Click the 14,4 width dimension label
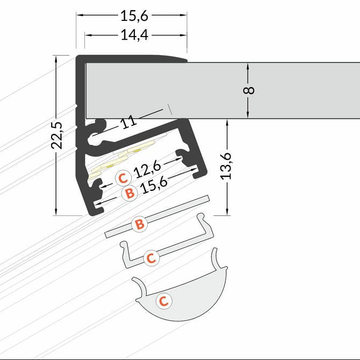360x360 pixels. (134, 35)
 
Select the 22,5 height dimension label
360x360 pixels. (57, 135)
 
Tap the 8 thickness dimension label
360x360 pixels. (249, 90)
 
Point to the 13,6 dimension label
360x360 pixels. (226, 166)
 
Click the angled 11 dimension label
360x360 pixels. (128, 122)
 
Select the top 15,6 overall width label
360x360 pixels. (134, 16)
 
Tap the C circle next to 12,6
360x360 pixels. (123, 178)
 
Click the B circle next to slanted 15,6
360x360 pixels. (129, 193)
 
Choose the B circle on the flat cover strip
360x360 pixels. (140, 224)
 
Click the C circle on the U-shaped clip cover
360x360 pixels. (152, 258)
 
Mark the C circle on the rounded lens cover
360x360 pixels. (164, 301)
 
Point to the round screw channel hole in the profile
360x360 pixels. (94, 139)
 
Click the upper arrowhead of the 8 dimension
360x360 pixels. (248, 67)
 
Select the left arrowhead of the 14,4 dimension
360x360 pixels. (89, 35)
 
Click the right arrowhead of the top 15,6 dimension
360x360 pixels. (183, 15)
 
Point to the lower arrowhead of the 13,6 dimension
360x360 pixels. (227, 211)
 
